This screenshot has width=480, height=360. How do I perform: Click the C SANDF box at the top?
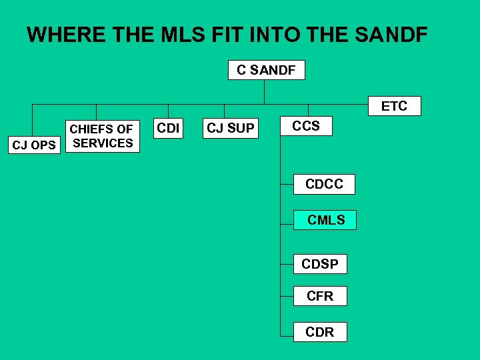pos(266,70)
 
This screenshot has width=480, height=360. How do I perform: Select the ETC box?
pos(393,106)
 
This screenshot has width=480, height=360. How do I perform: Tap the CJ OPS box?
pos(35,145)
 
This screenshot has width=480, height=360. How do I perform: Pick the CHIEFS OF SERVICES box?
pos(102,136)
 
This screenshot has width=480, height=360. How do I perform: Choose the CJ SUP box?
pos(230,128)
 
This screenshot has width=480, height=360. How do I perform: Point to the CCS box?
pos(306,126)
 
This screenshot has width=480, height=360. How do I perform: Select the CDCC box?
pos(324,184)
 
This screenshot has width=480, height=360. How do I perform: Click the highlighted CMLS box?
pos(325,220)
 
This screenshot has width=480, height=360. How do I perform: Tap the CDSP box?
pos(320,264)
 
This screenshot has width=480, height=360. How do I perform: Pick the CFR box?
pos(320,296)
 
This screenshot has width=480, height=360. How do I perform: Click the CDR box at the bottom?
pos(320,332)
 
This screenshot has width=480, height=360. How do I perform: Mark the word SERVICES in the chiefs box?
pos(103,143)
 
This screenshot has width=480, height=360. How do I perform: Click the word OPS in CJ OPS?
pos(43,145)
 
